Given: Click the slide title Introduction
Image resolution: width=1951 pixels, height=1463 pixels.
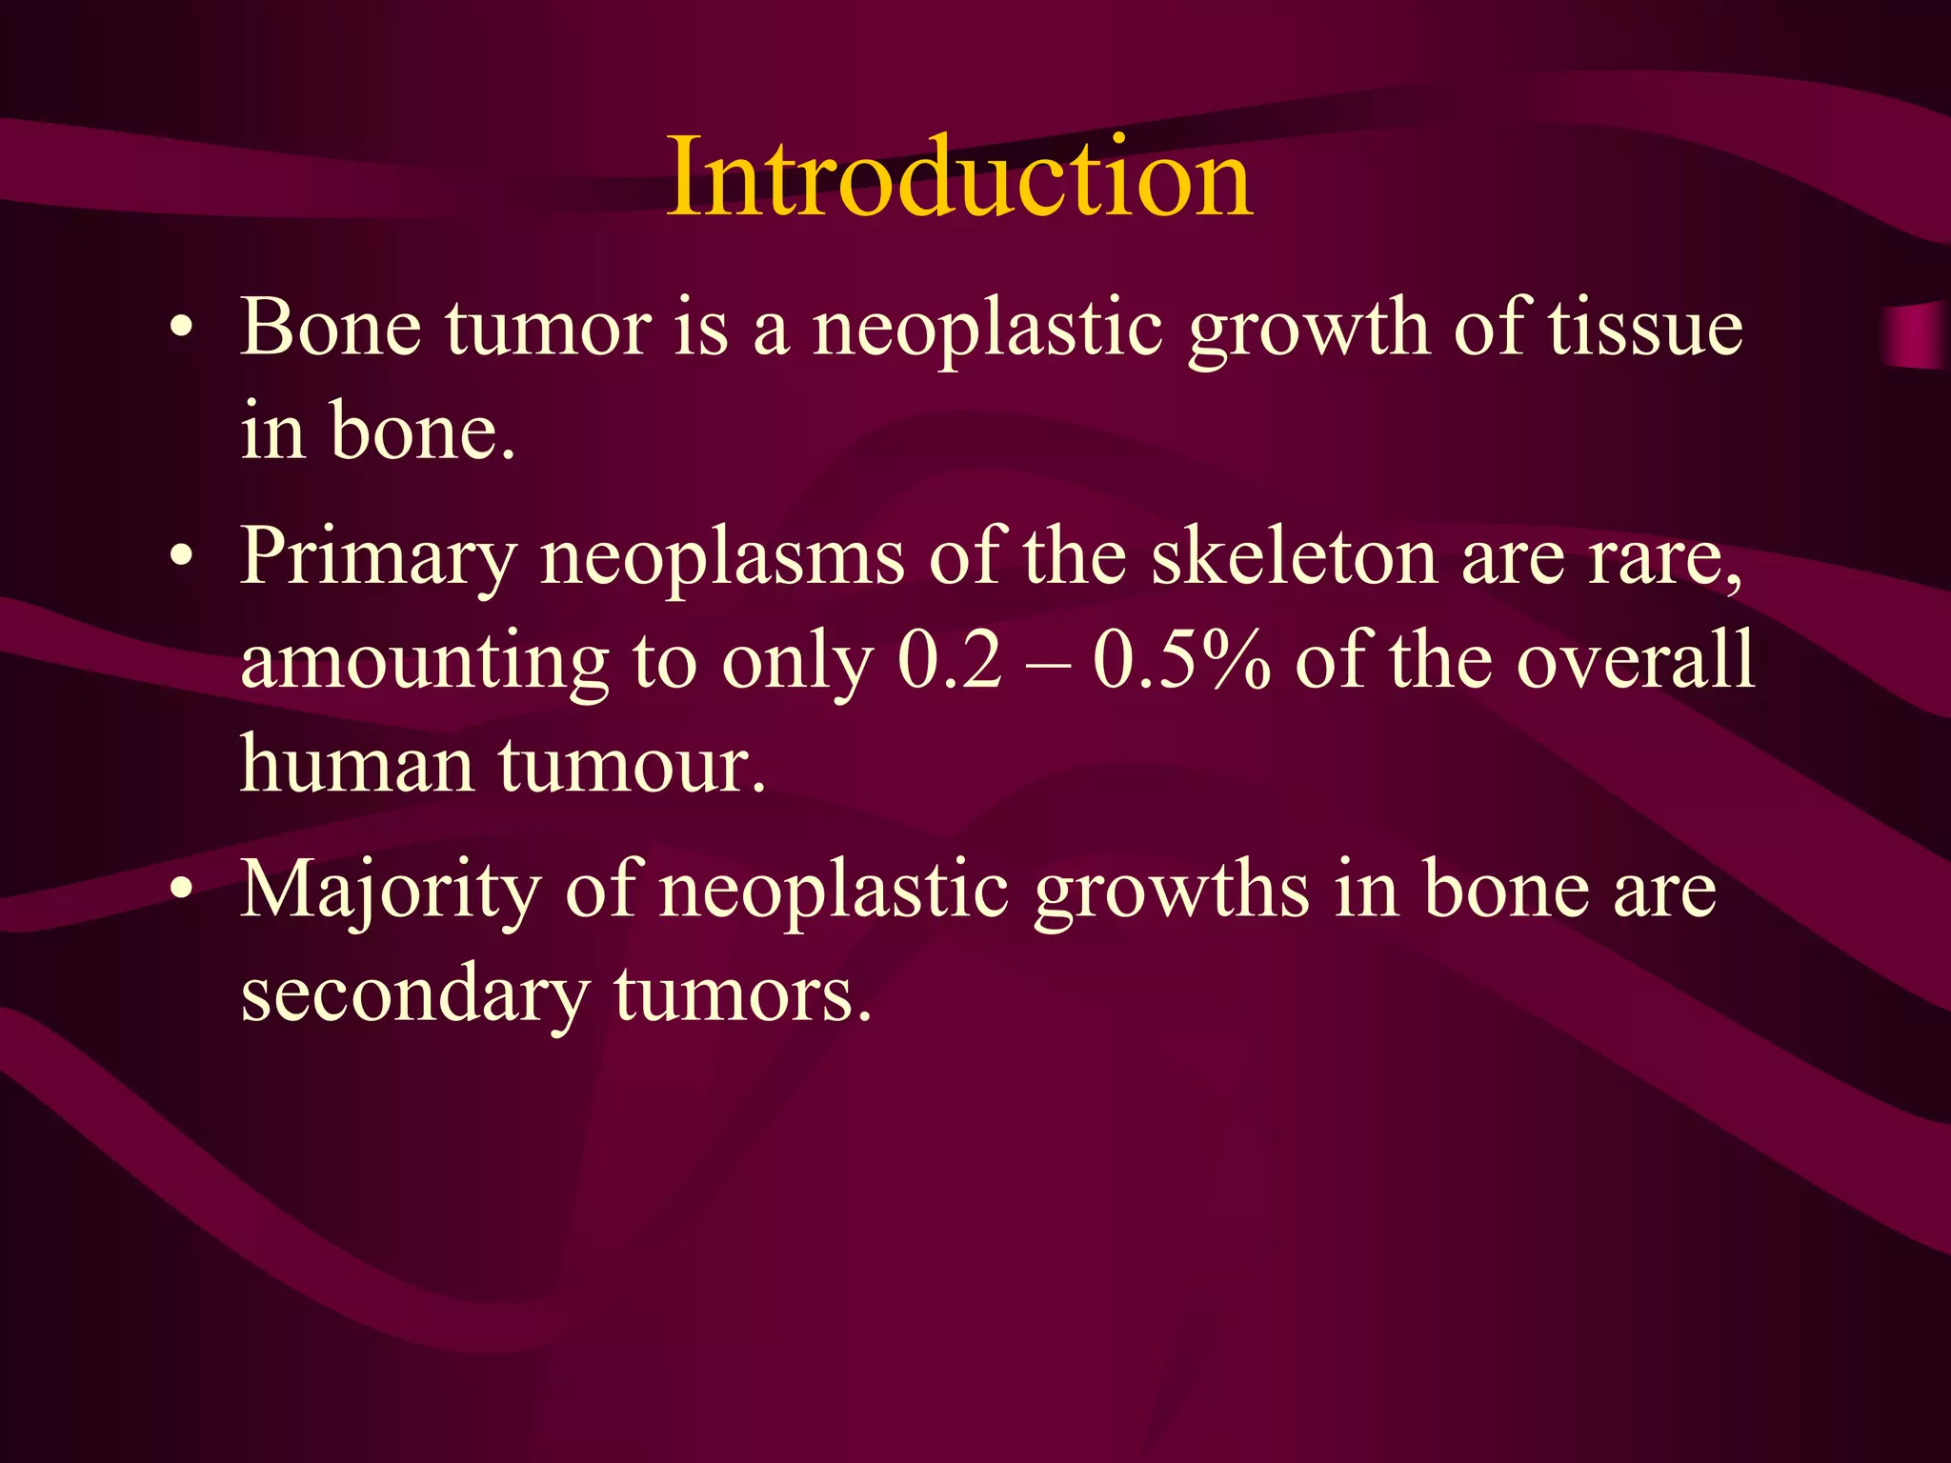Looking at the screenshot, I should tap(959, 178).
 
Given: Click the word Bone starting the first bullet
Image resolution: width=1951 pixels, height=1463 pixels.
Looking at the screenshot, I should tap(331, 328).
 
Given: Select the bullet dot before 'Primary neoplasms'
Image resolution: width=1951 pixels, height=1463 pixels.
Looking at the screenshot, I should tap(181, 557).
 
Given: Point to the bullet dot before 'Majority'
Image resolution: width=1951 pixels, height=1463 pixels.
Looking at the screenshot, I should tap(181, 891).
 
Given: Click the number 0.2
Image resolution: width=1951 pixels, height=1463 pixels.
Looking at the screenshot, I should tap(950, 660).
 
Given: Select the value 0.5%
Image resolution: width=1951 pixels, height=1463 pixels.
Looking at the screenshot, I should tap(1181, 660).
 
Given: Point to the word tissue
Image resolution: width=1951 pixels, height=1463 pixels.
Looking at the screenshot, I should tap(1645, 328).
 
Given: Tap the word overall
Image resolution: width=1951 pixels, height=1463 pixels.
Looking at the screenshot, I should tap(1635, 660).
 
